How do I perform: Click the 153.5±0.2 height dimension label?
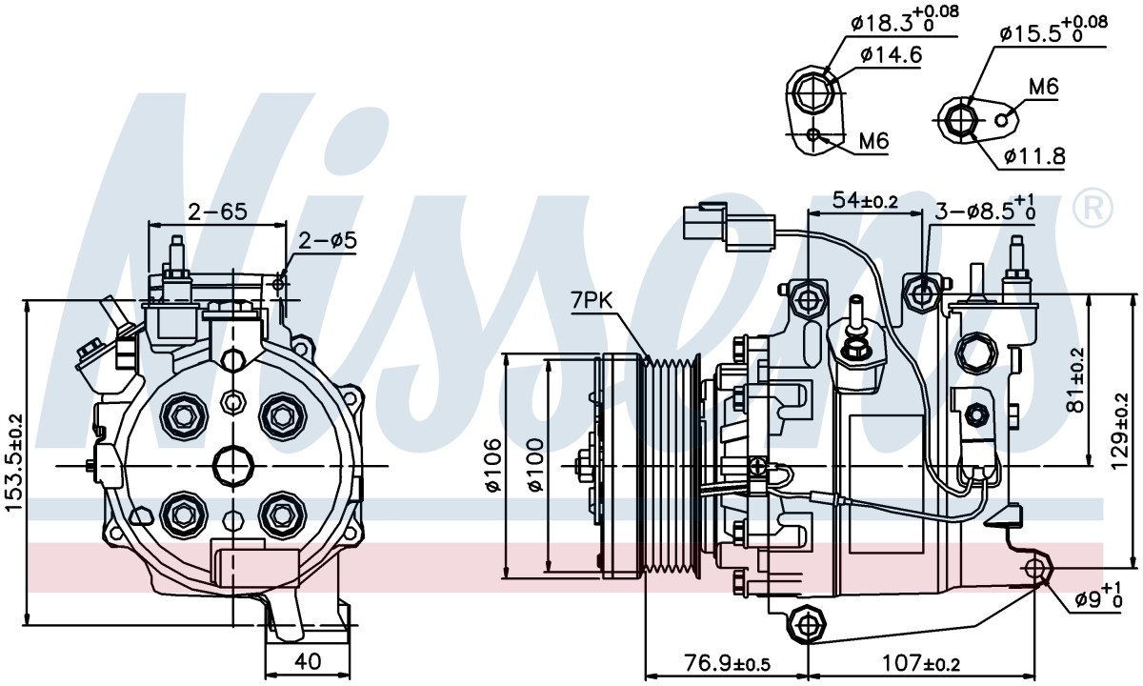click(x=13, y=462)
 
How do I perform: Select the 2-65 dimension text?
click(x=217, y=212)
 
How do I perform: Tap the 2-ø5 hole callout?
click(x=328, y=240)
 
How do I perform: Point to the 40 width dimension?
click(x=308, y=662)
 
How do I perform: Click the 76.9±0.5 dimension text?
click(x=727, y=663)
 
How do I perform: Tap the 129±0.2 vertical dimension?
click(x=1120, y=439)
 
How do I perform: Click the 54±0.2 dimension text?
click(x=865, y=201)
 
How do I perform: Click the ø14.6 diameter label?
click(x=891, y=54)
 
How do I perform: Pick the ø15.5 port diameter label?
click(x=1053, y=30)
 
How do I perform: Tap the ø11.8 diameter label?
click(x=1034, y=155)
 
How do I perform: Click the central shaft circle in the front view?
click(x=233, y=466)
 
